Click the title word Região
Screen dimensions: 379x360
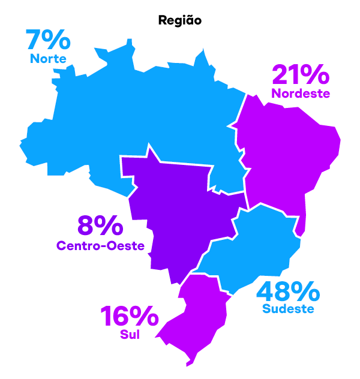(x=180, y=20)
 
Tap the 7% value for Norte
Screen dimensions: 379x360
(x=48, y=40)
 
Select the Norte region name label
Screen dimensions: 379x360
(x=48, y=58)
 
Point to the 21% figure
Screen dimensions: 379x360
(x=301, y=75)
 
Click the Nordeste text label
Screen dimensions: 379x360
(x=301, y=94)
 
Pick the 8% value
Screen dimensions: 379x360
(x=100, y=227)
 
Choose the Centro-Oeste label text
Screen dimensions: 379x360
(x=100, y=245)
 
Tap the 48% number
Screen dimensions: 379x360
(x=288, y=292)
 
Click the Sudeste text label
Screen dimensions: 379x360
(x=288, y=309)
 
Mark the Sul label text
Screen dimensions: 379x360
(x=130, y=335)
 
